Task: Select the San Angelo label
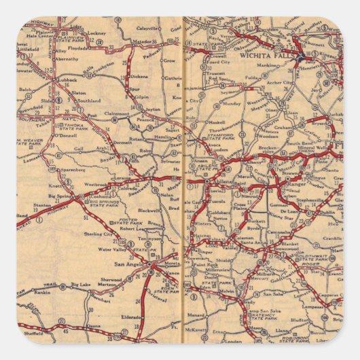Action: click(131, 264)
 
